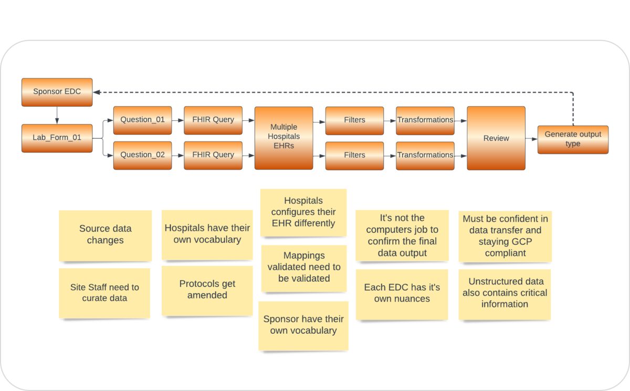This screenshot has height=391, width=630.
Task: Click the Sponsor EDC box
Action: click(x=57, y=91)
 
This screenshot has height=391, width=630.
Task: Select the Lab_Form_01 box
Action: click(x=57, y=138)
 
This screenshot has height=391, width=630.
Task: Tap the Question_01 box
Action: click(x=142, y=120)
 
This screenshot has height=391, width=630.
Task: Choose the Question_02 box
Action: click(x=142, y=155)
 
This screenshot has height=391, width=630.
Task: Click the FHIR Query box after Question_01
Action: click(x=213, y=120)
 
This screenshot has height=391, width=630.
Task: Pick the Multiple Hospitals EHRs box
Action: click(x=283, y=138)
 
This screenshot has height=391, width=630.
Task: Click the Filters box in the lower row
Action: click(x=354, y=155)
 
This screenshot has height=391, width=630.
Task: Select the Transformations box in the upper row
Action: click(x=425, y=120)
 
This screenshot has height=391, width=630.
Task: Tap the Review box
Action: click(x=496, y=138)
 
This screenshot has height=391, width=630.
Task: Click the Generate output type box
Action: click(x=573, y=139)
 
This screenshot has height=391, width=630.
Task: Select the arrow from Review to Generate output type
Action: click(x=531, y=139)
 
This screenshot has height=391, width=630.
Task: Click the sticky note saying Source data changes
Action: click(x=105, y=235)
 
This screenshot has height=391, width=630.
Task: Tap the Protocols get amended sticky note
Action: click(x=207, y=290)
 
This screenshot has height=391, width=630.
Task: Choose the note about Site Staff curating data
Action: click(x=104, y=293)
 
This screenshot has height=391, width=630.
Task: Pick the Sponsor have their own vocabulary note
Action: click(x=303, y=325)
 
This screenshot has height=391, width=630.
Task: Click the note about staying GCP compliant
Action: click(x=505, y=235)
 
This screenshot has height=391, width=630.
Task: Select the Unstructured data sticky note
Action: click(x=505, y=293)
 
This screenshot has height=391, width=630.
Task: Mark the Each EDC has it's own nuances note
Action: click(x=402, y=293)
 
